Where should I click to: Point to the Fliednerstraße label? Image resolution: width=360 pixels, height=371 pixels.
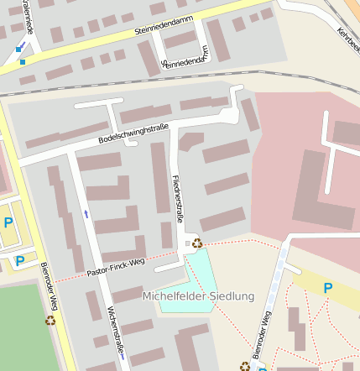(176, 198)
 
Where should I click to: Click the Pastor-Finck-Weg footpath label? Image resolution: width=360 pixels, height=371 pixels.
(116, 267)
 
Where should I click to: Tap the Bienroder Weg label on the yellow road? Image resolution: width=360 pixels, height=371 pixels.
(48, 285)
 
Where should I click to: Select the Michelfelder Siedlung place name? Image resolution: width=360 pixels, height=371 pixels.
(198, 296)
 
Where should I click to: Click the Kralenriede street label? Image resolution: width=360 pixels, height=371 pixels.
(29, 15)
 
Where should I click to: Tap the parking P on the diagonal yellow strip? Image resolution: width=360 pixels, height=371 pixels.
(328, 288)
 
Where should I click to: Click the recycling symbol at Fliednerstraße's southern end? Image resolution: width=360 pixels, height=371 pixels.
(197, 243)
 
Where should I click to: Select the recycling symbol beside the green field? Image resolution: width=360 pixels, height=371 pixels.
(50, 319)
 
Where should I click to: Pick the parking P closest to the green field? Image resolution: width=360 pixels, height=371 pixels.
(19, 261)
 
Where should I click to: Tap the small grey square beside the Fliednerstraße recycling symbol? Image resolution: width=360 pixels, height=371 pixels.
(187, 243)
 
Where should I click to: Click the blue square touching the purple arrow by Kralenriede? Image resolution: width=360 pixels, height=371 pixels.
(18, 50)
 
